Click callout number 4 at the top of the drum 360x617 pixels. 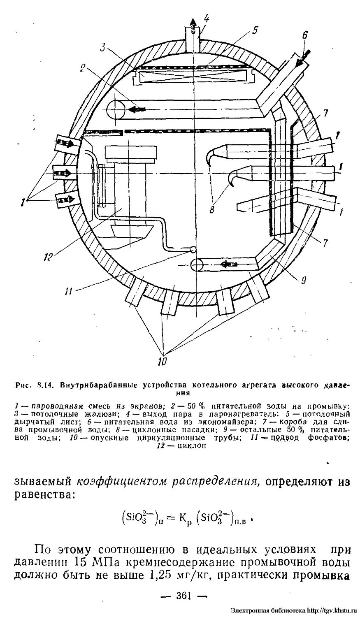coord(206,18)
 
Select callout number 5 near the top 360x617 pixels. coord(255,30)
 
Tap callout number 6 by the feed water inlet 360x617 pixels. coord(304,36)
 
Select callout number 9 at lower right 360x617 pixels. coord(303,281)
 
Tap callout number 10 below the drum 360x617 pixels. coord(162,362)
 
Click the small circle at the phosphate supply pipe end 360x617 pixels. coord(192,249)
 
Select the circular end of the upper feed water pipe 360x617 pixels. coord(116,109)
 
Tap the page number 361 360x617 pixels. coord(179,595)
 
